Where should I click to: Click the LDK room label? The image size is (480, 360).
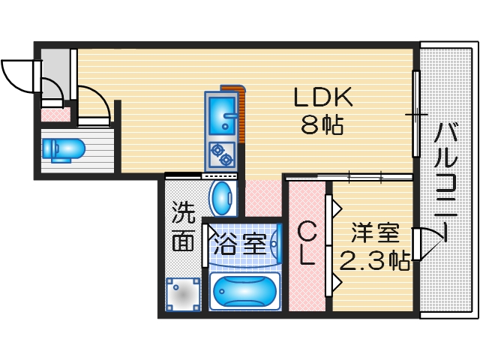tap(322, 97)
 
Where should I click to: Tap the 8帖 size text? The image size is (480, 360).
tap(322, 125)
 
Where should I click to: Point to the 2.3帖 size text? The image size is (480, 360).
tap(374, 261)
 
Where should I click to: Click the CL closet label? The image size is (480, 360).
tap(307, 244)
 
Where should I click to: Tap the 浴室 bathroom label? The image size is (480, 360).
tap(239, 244)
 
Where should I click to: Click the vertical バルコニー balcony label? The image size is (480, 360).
tap(446, 180)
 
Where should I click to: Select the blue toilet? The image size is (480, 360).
tap(63, 148)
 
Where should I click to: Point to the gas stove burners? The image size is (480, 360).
tap(222, 154)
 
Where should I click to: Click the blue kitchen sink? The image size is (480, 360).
tap(222, 113)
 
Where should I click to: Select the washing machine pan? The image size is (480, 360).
tap(183, 295)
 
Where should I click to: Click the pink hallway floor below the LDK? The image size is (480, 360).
tap(262, 198)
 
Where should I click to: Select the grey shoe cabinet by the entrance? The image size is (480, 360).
tap(53, 68)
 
